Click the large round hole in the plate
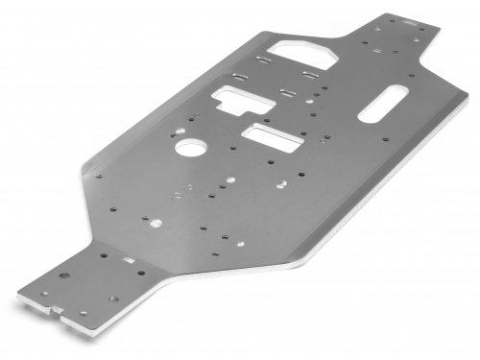tap(190, 149)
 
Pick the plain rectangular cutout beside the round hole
tap(271, 133)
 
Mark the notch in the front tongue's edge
tap(57, 310)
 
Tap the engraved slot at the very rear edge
tap(410, 18)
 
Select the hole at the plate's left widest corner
tap(97, 176)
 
